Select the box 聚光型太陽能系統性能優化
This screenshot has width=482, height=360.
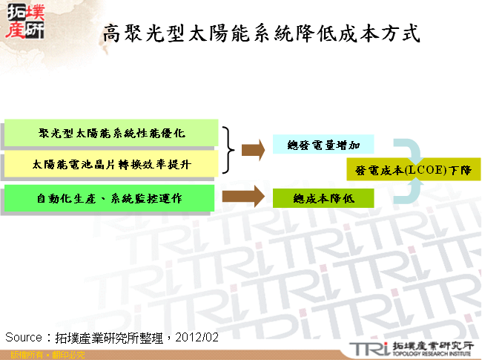tap(111, 133)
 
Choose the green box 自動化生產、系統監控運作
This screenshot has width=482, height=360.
tap(111, 198)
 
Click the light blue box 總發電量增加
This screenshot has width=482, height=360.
tap(323, 144)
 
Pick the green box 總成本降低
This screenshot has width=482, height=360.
tap(323, 198)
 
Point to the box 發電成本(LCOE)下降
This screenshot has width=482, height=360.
tap(413, 170)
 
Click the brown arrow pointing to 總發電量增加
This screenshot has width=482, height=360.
tap(253, 150)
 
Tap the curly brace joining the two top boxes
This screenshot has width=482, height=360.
tap(231, 149)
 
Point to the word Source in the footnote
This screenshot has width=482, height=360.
tap(23, 337)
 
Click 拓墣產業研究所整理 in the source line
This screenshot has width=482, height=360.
tap(110, 337)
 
